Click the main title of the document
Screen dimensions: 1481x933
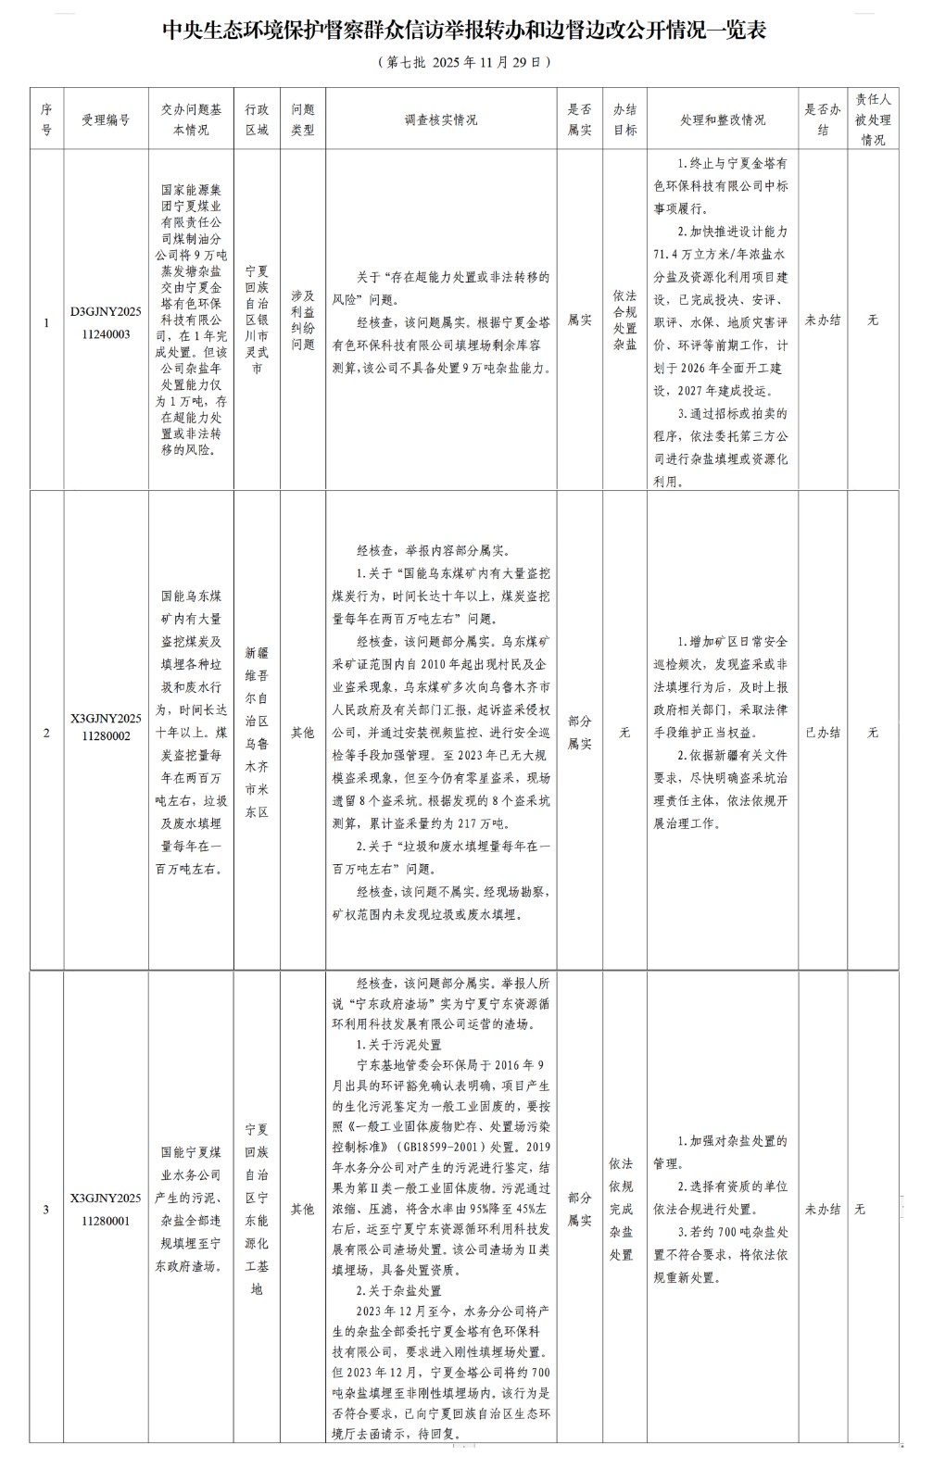point(465,31)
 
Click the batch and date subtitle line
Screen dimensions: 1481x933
point(465,63)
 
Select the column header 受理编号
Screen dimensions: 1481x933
point(106,119)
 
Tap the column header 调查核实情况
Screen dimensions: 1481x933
point(441,119)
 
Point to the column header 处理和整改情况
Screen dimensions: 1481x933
point(723,119)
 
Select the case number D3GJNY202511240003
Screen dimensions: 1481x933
point(106,320)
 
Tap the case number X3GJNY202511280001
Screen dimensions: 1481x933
point(106,1209)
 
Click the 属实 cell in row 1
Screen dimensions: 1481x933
point(580,320)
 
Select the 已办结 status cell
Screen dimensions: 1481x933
point(823,732)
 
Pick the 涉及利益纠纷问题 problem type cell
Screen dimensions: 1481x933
point(303,320)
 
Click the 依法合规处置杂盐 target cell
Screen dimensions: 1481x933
point(625,320)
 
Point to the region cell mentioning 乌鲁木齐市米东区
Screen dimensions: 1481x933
point(257,732)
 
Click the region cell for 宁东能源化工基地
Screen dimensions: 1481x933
point(257,1209)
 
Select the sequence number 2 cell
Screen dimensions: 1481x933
point(46,732)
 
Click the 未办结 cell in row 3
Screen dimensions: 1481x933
point(823,1209)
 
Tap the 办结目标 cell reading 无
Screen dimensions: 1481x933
point(625,732)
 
